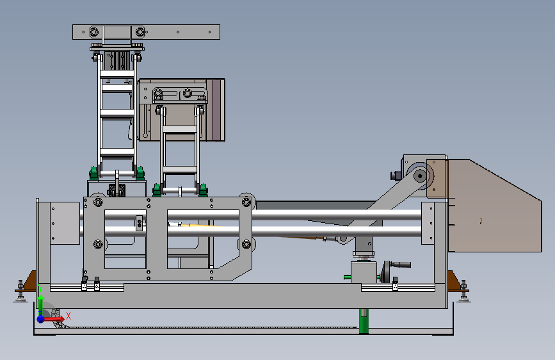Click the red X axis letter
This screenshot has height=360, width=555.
[68, 316]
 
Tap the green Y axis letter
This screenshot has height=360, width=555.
[40, 288]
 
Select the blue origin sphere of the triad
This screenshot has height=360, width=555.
[41, 319]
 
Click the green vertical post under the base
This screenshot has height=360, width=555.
[364, 321]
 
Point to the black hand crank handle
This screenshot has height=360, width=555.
[400, 265]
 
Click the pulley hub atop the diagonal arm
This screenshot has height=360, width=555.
[420, 176]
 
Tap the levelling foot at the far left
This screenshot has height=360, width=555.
[20, 291]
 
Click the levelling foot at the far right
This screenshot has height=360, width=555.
[463, 291]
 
